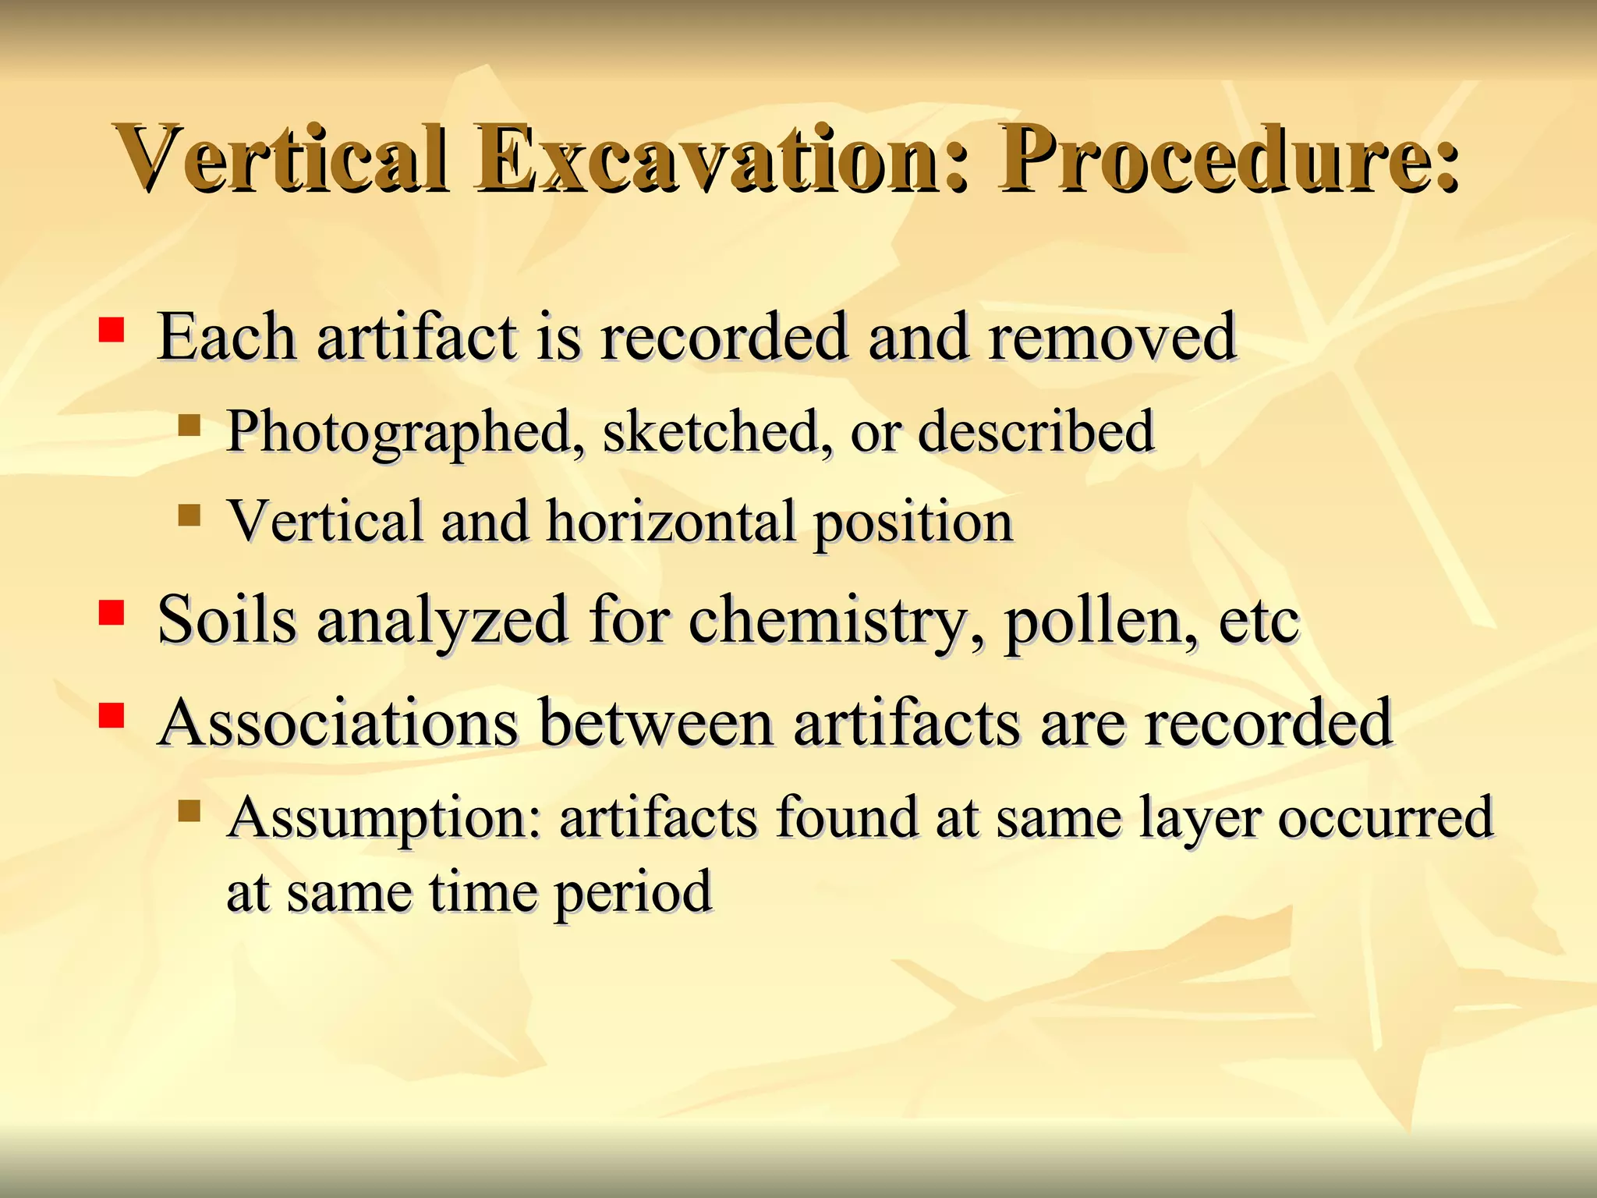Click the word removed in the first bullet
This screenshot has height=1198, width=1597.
tap(1111, 337)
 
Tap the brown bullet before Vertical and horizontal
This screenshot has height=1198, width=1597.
tap(189, 515)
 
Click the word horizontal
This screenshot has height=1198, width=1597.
tap(671, 521)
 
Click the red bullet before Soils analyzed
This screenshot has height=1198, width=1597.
tap(112, 613)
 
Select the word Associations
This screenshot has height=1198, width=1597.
tap(338, 722)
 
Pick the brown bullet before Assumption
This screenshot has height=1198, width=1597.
tap(189, 811)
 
